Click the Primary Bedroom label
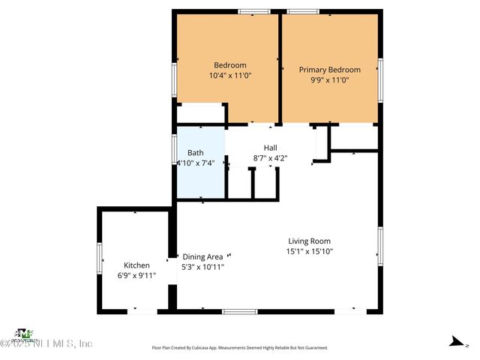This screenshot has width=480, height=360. coord(329,70)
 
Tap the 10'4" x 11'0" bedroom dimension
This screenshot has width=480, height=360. coord(229,76)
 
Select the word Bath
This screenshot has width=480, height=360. coord(196,152)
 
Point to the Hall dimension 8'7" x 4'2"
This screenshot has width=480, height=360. coord(270,158)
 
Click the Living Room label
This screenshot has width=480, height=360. coord(309,241)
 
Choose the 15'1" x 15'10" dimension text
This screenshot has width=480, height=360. coord(309,251)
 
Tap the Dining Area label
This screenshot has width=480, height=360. coord(202,256)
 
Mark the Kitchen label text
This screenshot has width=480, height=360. coord(136,265)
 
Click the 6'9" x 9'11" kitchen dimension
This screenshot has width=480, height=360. coord(136,276)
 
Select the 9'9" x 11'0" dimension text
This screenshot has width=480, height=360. coord(329,80)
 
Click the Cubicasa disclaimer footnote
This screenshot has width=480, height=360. coord(240,348)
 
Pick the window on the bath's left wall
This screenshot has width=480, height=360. coord(174,150)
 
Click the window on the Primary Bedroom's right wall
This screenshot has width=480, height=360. coord(380,78)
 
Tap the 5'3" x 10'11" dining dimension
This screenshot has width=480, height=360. coord(202,266)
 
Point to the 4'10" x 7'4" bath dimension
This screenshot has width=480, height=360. coord(196,163)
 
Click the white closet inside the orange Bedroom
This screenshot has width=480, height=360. coord(201,113)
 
